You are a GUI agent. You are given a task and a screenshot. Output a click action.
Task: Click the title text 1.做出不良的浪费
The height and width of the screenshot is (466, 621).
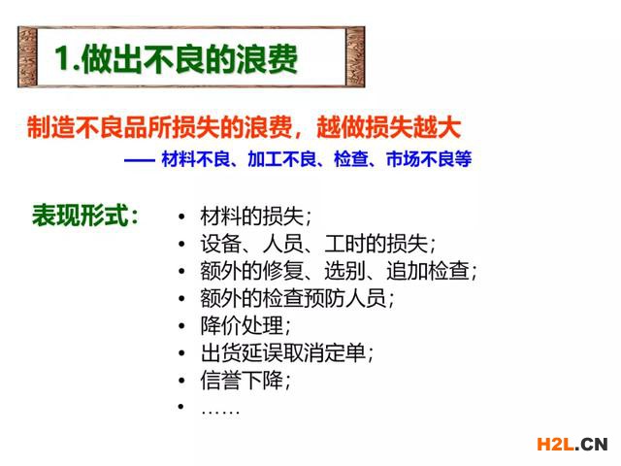pos(176,58)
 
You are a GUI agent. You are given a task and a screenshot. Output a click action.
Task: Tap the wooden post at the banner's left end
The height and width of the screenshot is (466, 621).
pos(27,56)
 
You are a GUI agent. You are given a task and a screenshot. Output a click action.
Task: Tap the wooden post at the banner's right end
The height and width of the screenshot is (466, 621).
pos(355,56)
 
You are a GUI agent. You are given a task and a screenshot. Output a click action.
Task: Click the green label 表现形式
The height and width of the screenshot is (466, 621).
pos(85,216)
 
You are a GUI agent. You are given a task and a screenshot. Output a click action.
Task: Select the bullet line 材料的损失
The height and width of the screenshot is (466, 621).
pos(255,216)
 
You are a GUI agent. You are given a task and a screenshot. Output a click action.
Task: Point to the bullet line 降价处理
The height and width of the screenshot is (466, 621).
pos(245,326)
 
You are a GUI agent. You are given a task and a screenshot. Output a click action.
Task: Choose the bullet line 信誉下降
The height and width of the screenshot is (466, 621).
pos(245,381)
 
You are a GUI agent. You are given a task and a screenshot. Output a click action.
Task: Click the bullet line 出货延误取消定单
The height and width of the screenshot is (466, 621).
pos(287,352)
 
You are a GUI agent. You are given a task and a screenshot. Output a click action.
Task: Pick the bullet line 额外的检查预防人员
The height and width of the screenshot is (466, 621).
pos(297,298)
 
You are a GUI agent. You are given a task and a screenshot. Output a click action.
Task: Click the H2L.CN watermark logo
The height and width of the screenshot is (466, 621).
pos(572,444)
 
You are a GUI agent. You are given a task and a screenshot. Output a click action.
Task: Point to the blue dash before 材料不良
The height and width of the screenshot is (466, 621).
pos(139,160)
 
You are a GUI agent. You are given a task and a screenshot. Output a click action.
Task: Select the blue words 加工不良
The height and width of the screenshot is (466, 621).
pos(281,159)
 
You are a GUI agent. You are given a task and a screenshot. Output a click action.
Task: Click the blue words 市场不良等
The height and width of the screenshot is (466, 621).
pos(429,159)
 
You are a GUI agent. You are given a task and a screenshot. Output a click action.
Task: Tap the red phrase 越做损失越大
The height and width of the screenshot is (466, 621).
pos(388,127)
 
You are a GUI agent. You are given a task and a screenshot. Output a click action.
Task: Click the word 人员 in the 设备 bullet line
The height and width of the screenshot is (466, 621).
pos(282,244)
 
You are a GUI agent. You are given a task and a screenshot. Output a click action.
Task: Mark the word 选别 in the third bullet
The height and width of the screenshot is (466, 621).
pos(344,271)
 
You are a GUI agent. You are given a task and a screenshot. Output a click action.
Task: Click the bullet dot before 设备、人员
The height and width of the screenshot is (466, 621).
pos(181,244)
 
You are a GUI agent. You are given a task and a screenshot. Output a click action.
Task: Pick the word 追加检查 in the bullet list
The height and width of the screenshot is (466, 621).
pos(428,271)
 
